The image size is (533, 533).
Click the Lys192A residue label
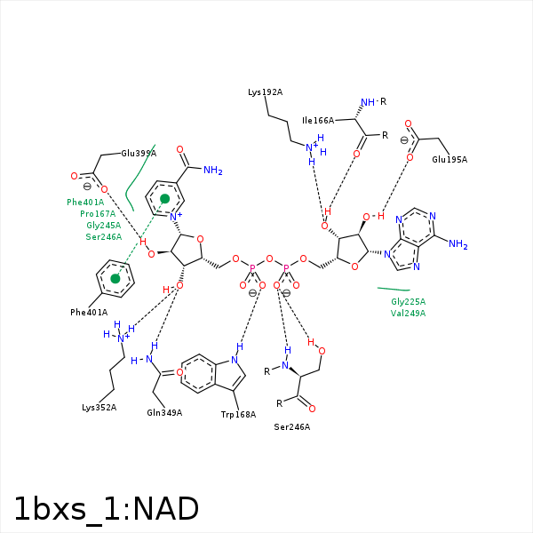266,92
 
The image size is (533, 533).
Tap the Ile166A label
318,121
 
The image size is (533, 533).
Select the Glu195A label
449,160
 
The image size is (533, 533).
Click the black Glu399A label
139,153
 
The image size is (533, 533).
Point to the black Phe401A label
89,312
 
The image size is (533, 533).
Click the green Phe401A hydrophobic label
85,203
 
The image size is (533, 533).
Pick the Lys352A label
99,408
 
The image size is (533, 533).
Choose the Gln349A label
164,412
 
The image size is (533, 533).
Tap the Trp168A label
238,415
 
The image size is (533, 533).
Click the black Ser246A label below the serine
292,427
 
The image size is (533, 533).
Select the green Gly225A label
409,302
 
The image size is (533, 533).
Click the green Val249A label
409,314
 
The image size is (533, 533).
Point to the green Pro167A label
98,214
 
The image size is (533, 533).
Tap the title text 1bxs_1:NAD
107,509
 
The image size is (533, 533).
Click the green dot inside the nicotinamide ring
164,198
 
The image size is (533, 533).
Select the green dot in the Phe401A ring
115,279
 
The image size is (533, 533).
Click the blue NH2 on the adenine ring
457,244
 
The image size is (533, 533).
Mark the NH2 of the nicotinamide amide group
212,171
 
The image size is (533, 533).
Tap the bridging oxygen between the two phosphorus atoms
269,259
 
